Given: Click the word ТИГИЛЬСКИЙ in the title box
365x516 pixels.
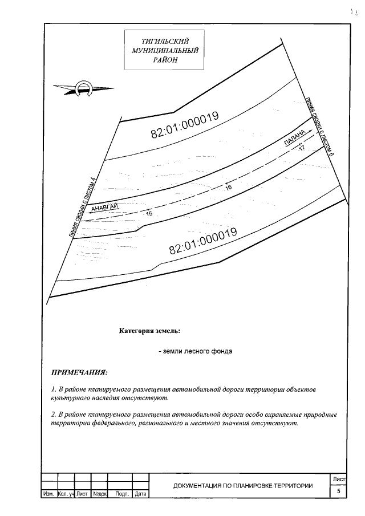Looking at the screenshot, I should click(x=165, y=41).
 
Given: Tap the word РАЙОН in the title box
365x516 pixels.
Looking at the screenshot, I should click(x=165, y=59).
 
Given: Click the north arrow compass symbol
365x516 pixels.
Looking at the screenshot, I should click(x=84, y=88).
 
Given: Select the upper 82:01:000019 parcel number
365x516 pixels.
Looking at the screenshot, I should click(x=185, y=124).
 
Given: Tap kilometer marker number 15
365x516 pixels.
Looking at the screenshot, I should click(x=149, y=214).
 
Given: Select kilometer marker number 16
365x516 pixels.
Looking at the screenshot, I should click(x=228, y=187).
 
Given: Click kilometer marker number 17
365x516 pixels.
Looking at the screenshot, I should click(x=302, y=148).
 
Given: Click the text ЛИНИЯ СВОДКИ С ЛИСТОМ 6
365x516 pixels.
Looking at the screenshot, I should click(x=319, y=125).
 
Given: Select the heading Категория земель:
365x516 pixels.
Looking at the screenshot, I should click(x=149, y=330).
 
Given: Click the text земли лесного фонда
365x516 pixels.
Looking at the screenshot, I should click(x=196, y=351).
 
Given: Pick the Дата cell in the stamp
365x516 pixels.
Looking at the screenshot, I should click(x=141, y=494).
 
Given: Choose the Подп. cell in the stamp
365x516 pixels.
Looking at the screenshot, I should click(x=121, y=494).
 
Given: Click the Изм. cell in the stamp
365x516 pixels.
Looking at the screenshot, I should click(x=48, y=494).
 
